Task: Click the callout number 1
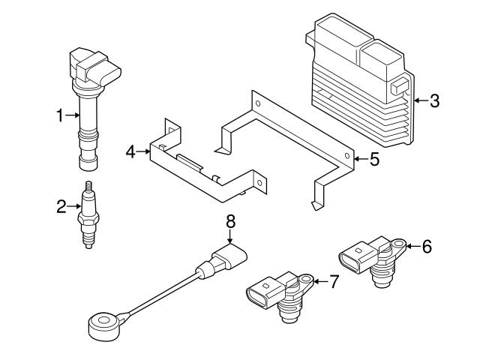(60, 115)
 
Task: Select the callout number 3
(434, 100)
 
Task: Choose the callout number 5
(376, 158)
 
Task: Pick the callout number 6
(427, 245)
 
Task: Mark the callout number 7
(334, 281)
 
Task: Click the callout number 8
(231, 221)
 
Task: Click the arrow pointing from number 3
(421, 100)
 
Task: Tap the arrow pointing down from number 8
(231, 235)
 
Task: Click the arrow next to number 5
(361, 158)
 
